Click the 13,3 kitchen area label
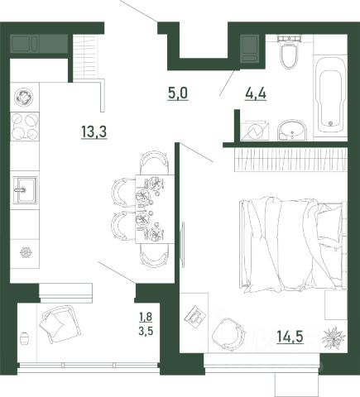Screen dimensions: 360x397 tap(94, 132)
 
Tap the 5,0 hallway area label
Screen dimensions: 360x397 tap(178, 93)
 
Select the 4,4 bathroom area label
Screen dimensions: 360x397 tap(256, 93)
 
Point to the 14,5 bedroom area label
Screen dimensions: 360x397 tap(290, 337)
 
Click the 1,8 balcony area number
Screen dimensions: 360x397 tap(146, 317)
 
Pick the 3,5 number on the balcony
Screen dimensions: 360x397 tap(146, 331)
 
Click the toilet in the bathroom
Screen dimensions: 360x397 tap(289, 52)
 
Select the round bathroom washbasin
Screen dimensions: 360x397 tap(292, 131)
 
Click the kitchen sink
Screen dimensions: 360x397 tap(25, 190)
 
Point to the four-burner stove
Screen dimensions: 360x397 tap(25, 127)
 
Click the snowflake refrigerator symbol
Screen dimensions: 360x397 tap(26, 252)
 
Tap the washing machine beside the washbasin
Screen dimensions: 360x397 tap(254, 131)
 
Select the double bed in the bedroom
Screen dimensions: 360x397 tap(293, 244)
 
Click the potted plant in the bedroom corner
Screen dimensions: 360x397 tap(334, 338)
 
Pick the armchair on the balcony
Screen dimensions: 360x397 tap(59, 324)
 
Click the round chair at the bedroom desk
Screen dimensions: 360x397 tap(228, 333)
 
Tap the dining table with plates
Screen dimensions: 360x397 tap(155, 209)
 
